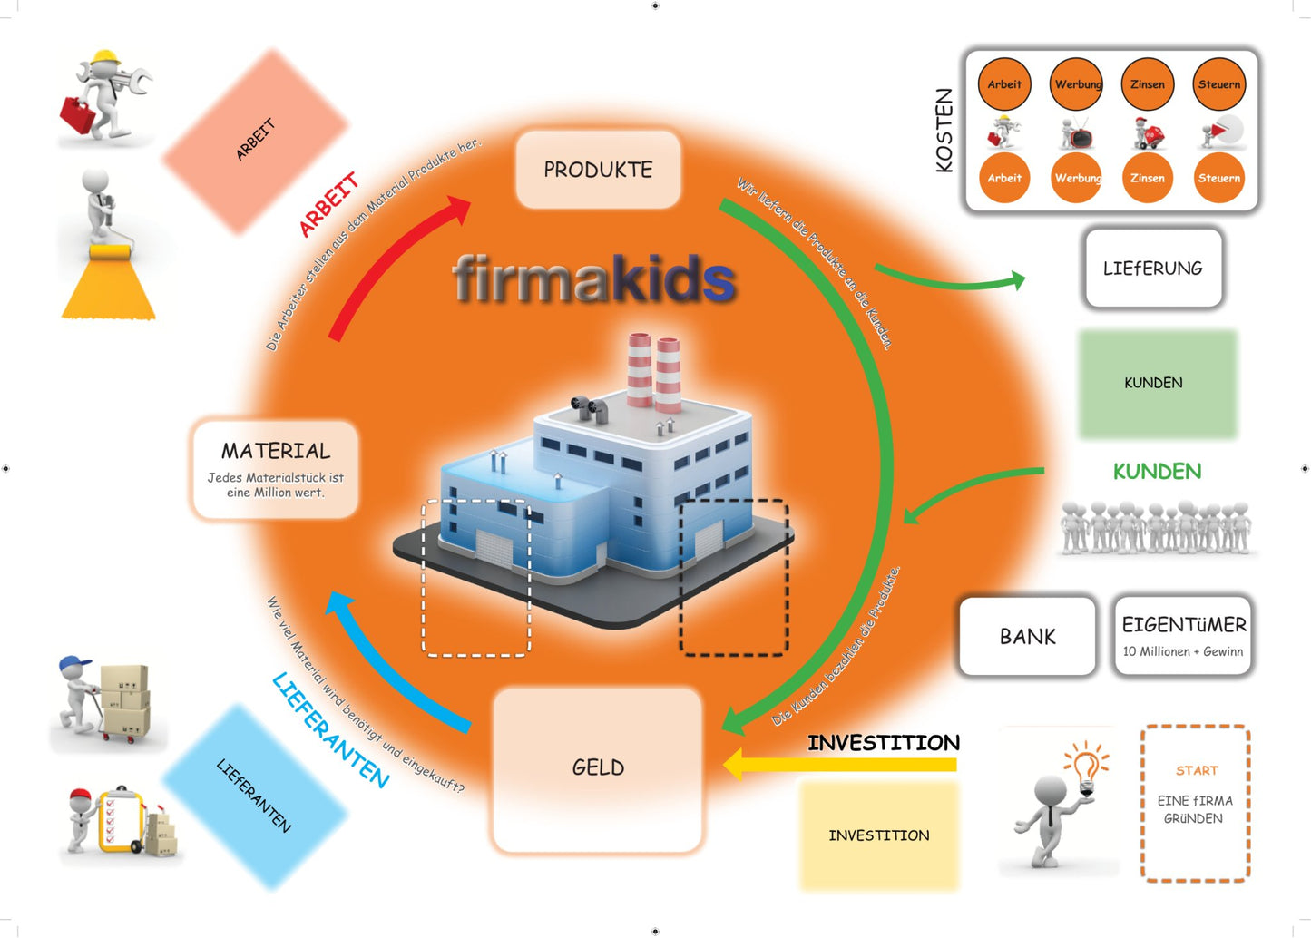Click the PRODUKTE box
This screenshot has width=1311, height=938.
(x=598, y=170)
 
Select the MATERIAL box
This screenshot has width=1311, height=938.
(x=276, y=469)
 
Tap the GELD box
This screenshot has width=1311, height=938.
(x=597, y=768)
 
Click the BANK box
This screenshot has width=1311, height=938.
(x=1027, y=637)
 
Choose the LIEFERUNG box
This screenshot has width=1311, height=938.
(x=1152, y=269)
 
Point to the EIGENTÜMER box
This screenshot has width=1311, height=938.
(x=1183, y=637)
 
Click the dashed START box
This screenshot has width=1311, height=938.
(x=1195, y=803)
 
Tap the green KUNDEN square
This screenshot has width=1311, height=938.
(x=1157, y=384)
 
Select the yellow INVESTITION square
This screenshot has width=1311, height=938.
(x=878, y=835)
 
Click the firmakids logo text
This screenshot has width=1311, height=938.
(x=594, y=278)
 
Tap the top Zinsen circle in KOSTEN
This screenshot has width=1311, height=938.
(x=1147, y=84)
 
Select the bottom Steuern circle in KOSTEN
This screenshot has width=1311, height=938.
(x=1218, y=178)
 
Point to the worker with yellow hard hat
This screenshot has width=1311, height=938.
(x=104, y=95)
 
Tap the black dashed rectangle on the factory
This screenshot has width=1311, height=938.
(x=733, y=577)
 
